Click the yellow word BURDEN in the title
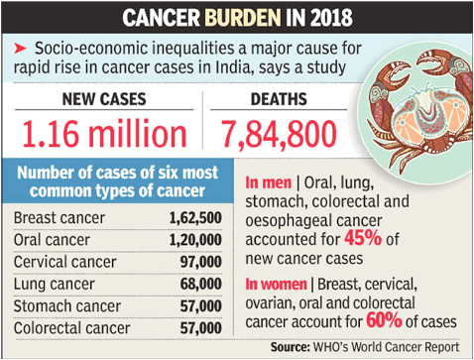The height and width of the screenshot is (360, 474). [x=243, y=18]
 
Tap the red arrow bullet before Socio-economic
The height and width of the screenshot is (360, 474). [x=20, y=49]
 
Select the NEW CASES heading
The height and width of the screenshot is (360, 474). [x=104, y=99]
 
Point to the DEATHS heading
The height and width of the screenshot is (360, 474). [x=279, y=99]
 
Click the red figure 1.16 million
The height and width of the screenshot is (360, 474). [x=104, y=134]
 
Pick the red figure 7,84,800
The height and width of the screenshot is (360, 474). [x=279, y=134]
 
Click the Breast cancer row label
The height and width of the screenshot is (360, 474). [x=59, y=218]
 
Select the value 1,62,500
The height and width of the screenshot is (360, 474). [x=195, y=218]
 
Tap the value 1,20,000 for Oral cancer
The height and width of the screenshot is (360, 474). [x=195, y=240]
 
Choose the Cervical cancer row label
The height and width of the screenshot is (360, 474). [x=64, y=262]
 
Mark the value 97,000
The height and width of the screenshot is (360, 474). [x=201, y=262]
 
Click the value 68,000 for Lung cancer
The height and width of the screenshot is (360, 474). [x=201, y=285]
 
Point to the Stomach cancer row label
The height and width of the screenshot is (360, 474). [x=67, y=306]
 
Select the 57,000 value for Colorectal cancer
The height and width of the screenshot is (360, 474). [x=201, y=328]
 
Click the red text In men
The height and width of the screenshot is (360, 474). [x=269, y=182]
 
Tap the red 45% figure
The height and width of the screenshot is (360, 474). [x=363, y=238]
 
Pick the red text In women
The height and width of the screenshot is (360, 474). [x=276, y=285]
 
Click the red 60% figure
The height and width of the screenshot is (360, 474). [x=384, y=320]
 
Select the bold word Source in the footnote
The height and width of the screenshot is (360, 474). [x=291, y=347]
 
